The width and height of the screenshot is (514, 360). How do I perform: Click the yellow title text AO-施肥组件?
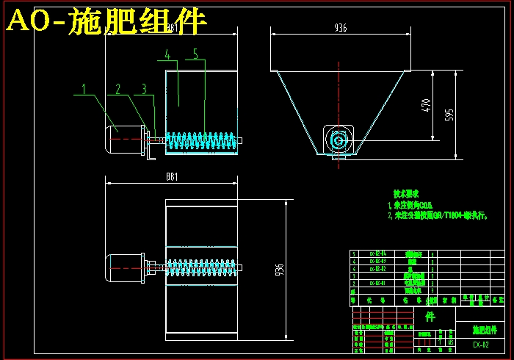(106, 23)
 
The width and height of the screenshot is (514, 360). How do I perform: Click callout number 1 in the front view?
(84, 90)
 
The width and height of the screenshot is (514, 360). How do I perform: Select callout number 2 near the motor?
(117, 90)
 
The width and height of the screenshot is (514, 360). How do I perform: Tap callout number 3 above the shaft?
(144, 90)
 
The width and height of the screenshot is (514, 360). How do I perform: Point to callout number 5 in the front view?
(195, 54)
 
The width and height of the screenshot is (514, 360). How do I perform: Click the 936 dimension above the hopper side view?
(340, 28)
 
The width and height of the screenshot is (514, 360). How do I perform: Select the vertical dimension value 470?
(424, 106)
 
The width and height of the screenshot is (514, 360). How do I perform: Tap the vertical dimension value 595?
(449, 115)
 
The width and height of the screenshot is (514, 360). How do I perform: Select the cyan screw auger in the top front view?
(200, 140)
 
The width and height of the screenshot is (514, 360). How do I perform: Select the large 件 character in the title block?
(430, 317)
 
